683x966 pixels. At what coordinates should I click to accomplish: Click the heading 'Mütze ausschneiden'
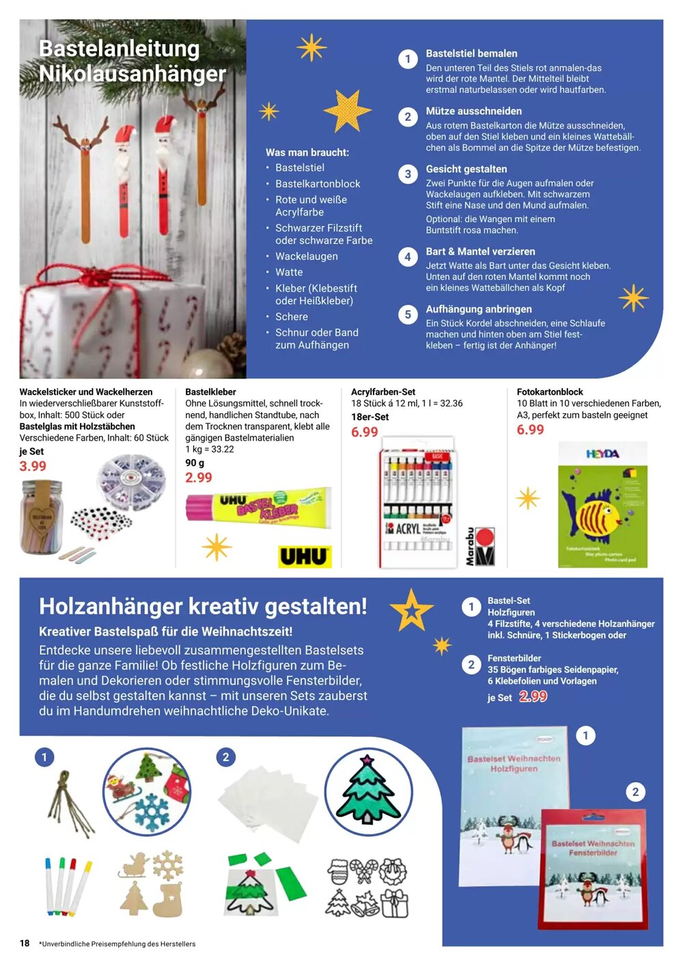coord(473,111)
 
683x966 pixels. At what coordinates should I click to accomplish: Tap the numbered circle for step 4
coord(408,257)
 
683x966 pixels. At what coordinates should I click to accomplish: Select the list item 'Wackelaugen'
coord(306,256)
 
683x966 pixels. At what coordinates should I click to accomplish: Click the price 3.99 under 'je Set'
coord(33,466)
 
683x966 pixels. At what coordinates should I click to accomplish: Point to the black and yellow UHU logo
coord(305,557)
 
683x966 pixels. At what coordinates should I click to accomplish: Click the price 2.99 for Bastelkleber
coord(199,478)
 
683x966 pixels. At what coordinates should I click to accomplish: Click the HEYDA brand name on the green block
coord(602,454)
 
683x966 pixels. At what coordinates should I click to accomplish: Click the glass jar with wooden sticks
coord(42,516)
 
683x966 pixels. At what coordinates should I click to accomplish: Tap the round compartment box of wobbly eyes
coord(130,482)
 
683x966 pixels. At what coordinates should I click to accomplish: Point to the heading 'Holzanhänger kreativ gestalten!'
coord(203,606)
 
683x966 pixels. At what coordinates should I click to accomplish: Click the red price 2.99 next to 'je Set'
coord(533,696)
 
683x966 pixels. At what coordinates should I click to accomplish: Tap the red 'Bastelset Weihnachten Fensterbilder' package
coord(593,868)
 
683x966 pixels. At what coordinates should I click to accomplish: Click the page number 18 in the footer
coord(25,943)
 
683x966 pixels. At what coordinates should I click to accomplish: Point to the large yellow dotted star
coord(347,109)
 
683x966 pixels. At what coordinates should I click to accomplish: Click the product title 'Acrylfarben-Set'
coord(383,392)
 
